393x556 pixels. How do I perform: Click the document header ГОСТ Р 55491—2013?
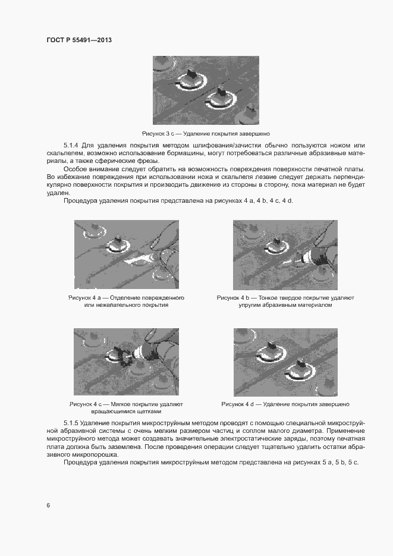[79, 40]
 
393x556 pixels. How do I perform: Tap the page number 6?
[48, 505]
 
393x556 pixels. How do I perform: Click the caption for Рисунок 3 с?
[206, 134]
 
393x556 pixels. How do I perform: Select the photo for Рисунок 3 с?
[206, 90]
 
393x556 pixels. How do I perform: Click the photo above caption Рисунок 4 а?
[126, 255]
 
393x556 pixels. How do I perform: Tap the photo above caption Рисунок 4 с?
[126, 362]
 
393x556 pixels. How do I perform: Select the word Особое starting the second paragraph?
[75, 169]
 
